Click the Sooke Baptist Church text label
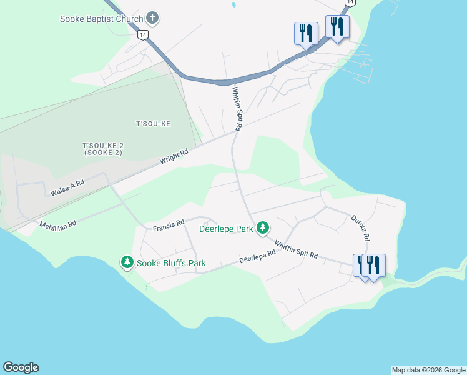[x=101, y=19]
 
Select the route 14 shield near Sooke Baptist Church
[x=144, y=36]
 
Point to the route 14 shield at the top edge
[x=350, y=2]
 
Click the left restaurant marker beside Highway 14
[x=306, y=32]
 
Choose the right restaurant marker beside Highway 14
[x=337, y=27]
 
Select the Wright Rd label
[x=174, y=156]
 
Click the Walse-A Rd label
[x=67, y=187]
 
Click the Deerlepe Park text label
[x=226, y=229]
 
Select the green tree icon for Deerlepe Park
[x=263, y=227]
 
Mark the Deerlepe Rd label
[x=257, y=257]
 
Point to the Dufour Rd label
[x=360, y=228]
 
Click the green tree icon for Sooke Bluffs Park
[x=127, y=262]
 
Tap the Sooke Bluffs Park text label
[x=172, y=263]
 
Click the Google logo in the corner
[x=21, y=367]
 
